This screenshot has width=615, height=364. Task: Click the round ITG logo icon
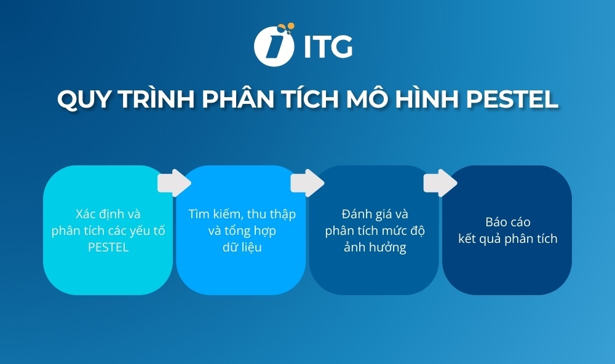coord(272,45)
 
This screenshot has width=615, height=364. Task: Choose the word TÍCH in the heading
coord(311,98)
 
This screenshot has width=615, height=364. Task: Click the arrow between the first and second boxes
coord(174,183)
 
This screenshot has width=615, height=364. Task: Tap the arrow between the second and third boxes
coord(307,183)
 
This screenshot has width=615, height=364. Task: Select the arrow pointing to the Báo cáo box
coord(440,183)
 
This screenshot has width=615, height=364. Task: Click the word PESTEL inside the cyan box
coord(108,248)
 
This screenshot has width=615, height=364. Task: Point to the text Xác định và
coord(108,214)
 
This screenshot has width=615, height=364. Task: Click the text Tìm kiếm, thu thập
coord(242,214)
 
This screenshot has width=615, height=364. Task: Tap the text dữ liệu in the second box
coord(242,248)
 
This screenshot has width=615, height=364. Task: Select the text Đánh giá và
coord(375,214)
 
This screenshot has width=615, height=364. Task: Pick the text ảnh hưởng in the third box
coord(375,248)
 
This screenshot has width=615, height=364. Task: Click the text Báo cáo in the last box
coord(507,222)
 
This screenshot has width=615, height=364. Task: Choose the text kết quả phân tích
coord(507,239)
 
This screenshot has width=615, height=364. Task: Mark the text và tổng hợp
coord(242,231)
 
